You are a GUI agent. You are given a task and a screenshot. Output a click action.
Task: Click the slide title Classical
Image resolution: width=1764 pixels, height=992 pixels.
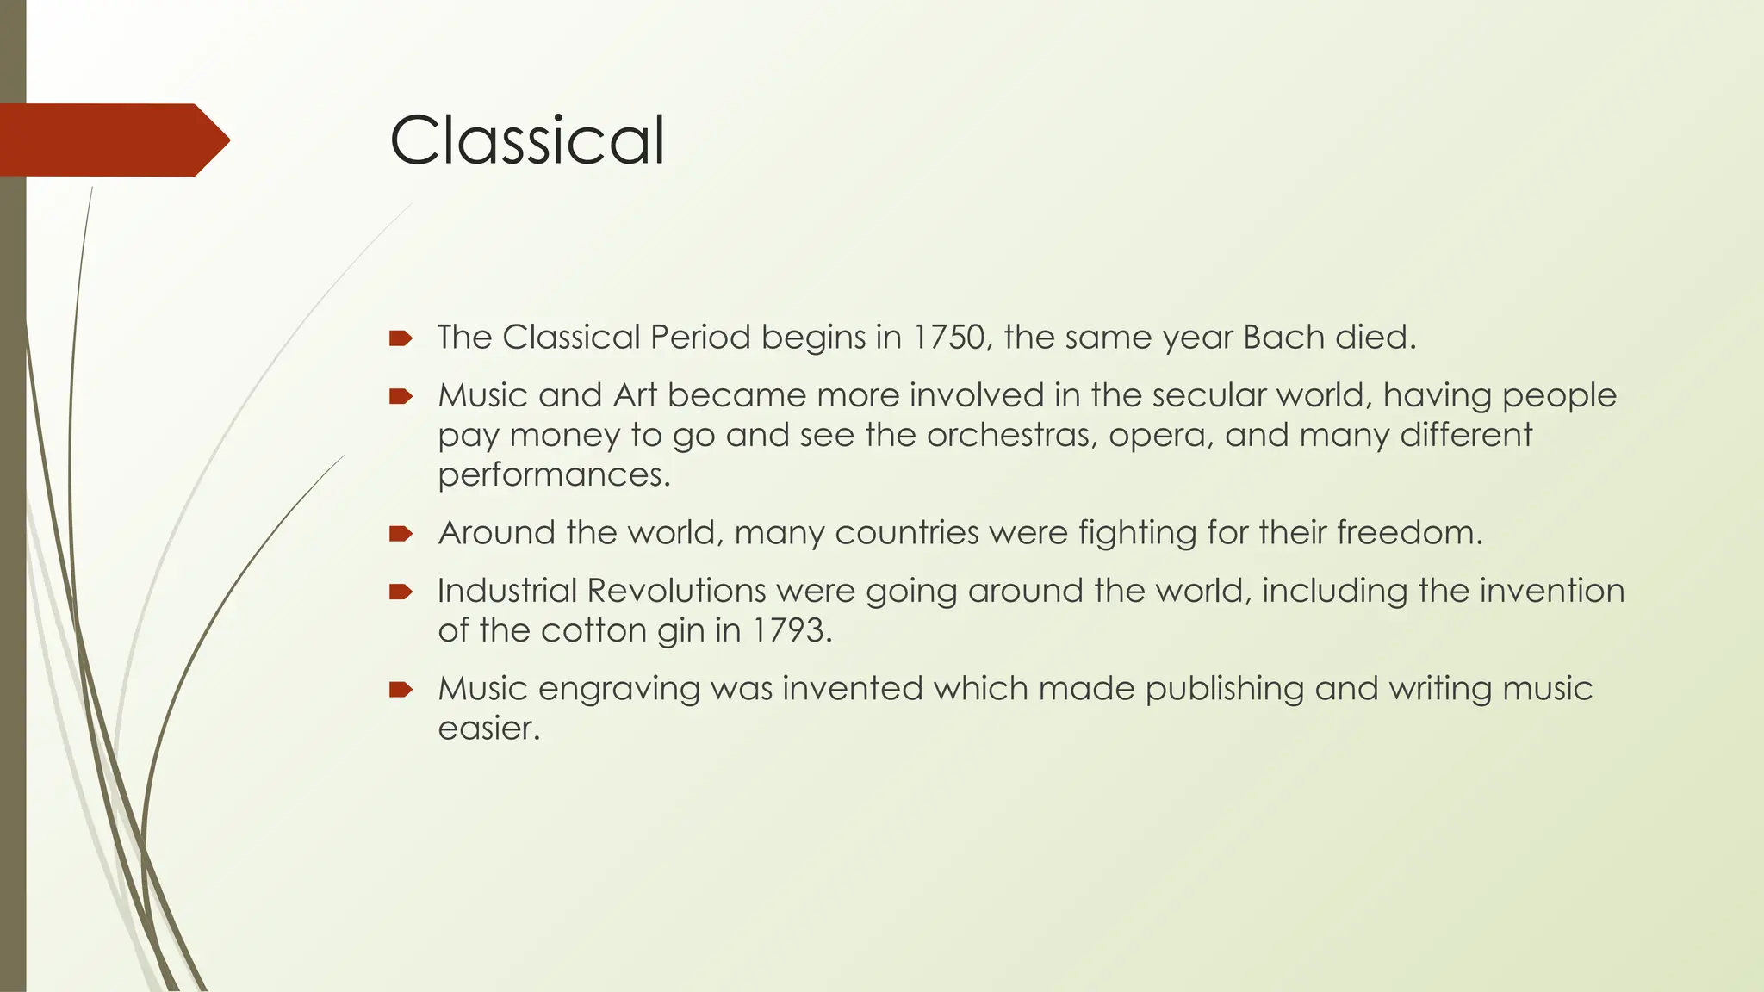click(527, 140)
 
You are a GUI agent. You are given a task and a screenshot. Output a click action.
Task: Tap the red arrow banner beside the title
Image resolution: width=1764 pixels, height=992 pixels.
click(112, 140)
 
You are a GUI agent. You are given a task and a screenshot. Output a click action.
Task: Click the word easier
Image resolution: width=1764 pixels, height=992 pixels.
click(488, 728)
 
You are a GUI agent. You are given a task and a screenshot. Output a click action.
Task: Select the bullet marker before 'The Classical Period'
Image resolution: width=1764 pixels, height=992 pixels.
click(401, 338)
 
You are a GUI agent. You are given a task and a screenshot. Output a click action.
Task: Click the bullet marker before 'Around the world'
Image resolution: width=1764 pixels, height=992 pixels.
click(401, 534)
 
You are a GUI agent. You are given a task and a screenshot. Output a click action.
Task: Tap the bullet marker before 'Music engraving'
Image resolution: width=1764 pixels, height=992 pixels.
click(401, 690)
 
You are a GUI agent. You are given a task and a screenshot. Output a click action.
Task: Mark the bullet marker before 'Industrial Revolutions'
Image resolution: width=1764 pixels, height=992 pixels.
click(401, 592)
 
